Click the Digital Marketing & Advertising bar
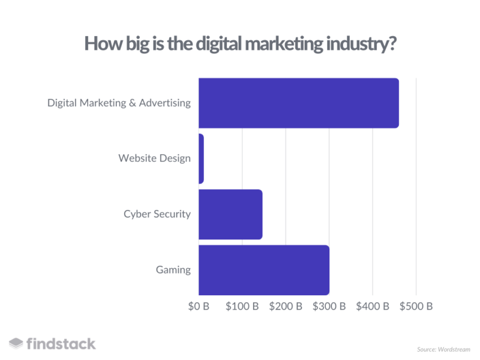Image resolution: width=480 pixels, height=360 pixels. (299, 103)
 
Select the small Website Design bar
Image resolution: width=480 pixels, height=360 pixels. (201, 158)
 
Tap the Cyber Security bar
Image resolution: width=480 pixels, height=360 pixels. (230, 214)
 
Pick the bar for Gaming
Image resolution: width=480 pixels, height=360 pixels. (264, 270)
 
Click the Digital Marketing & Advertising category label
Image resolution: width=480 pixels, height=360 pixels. (119, 103)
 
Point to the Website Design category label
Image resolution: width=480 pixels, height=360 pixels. (155, 158)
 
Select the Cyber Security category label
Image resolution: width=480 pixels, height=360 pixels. (157, 214)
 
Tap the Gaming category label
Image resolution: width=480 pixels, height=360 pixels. (173, 270)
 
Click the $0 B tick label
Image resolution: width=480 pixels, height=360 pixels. (199, 306)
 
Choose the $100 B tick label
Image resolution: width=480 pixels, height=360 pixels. (242, 306)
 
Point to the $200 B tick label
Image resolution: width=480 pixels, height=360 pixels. (286, 306)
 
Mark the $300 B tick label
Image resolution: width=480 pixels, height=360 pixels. (329, 306)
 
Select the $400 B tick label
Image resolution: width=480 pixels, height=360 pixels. (373, 306)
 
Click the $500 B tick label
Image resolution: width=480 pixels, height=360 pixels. (416, 306)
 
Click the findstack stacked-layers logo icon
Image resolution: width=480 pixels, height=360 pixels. (16, 344)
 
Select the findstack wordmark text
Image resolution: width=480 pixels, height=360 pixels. (61, 344)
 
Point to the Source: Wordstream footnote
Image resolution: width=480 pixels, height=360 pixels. (443, 349)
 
